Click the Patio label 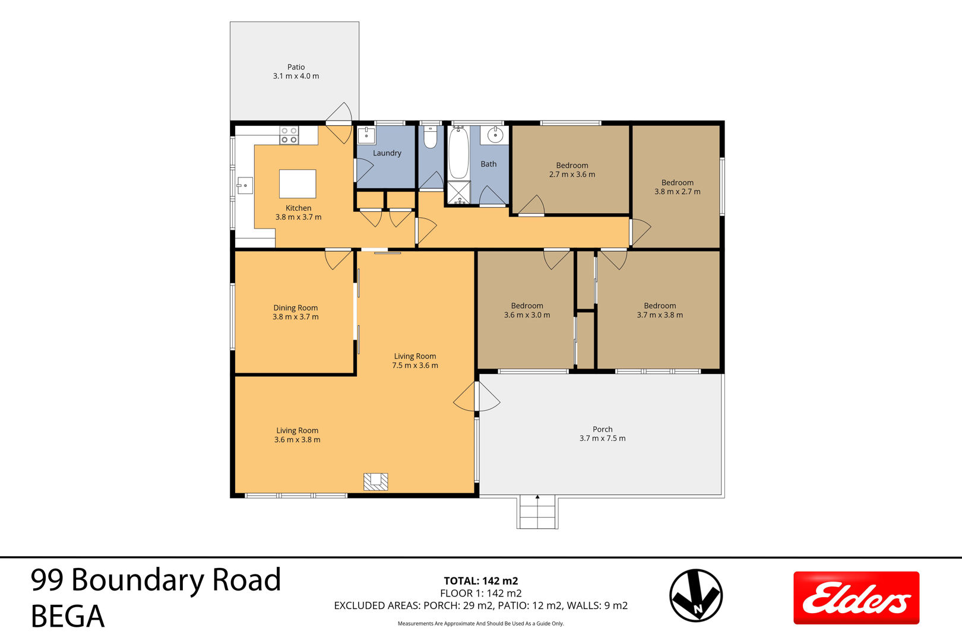tap(296, 67)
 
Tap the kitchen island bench tap(298, 184)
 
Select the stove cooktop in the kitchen tap(289, 135)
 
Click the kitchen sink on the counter tap(245, 185)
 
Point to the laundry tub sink tap(366, 135)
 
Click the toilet tap(430, 136)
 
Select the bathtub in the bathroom tap(458, 153)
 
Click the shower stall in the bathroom tap(459, 193)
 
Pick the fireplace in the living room tap(376, 482)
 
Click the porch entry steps tap(537, 512)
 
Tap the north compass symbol tap(696, 595)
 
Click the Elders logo tap(856, 598)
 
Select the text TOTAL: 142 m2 tap(481, 581)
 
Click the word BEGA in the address tap(68, 617)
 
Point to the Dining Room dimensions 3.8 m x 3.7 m tap(296, 317)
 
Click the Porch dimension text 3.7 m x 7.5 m tap(603, 439)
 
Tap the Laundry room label tap(387, 153)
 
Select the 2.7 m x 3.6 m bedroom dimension tap(572, 174)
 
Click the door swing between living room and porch tap(477, 396)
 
